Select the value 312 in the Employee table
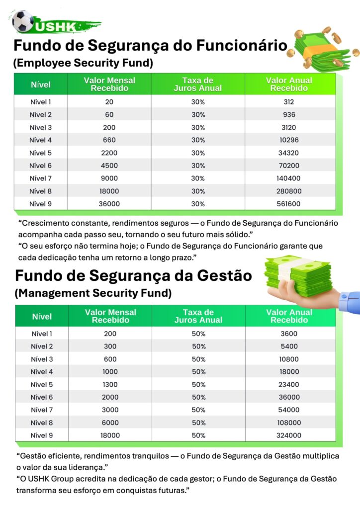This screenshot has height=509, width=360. (x=289, y=102)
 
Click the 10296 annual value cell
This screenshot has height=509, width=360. (x=289, y=140)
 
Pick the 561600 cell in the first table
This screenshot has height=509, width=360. (x=289, y=204)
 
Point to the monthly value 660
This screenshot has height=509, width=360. (x=109, y=140)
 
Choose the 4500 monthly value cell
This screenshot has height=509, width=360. (x=109, y=166)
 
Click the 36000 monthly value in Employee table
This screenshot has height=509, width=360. (x=109, y=204)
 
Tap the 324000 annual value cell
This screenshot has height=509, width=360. (x=289, y=435)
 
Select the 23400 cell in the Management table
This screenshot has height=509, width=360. (x=289, y=385)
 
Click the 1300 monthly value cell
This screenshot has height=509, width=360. (x=110, y=385)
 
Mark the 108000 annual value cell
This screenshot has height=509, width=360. (x=289, y=423)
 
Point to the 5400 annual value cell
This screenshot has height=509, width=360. (x=289, y=346)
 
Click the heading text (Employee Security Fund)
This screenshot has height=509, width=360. (x=83, y=63)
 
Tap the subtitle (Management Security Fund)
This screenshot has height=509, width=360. (x=93, y=293)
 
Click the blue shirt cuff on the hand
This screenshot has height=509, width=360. (x=350, y=302)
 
